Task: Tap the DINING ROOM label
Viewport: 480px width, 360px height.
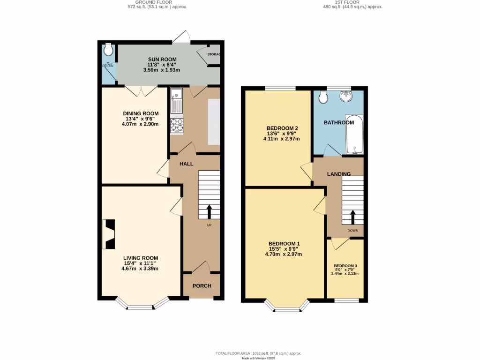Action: point(141,113)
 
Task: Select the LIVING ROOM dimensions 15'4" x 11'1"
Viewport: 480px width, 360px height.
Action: point(141,263)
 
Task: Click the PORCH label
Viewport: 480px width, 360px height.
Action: point(202,286)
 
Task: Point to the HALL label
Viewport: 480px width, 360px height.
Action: point(187,164)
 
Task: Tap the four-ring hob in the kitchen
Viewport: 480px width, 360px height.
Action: point(177,125)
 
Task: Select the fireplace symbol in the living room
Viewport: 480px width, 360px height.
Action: point(109,234)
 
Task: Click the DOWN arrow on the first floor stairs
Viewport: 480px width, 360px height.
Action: point(352,217)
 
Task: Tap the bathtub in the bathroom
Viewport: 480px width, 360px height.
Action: point(354,135)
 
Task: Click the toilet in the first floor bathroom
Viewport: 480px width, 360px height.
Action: point(323,97)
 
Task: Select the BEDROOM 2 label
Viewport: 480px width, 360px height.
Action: point(282,128)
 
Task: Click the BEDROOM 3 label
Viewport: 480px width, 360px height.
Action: point(345,266)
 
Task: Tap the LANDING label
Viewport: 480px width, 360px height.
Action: point(339,174)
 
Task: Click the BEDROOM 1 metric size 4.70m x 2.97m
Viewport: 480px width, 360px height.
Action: point(284,255)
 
